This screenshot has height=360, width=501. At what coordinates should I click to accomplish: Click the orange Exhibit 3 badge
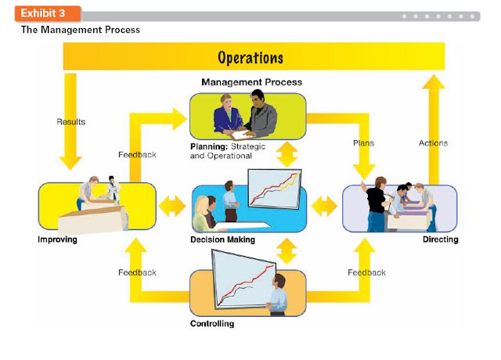[48, 13]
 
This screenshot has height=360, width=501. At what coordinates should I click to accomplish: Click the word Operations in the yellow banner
[250, 58]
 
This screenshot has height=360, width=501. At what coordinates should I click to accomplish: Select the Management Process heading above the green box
[251, 82]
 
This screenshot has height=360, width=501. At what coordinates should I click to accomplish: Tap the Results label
[71, 122]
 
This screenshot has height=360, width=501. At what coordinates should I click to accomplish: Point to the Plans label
[363, 142]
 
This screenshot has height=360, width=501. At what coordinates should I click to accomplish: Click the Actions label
[433, 142]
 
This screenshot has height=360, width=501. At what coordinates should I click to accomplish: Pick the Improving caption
[57, 239]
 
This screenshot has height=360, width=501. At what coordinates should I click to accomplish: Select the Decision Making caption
[222, 239]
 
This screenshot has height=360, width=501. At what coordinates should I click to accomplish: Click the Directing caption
[440, 239]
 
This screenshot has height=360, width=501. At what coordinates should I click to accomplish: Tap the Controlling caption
[212, 323]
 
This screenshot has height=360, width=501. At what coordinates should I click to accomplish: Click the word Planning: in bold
[209, 146]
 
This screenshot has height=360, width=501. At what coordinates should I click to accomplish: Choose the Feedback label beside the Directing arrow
[366, 272]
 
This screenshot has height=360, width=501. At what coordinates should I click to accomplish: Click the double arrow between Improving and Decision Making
[172, 206]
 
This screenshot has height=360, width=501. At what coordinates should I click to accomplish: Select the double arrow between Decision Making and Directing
[324, 206]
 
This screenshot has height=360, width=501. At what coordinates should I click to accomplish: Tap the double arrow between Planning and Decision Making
[287, 154]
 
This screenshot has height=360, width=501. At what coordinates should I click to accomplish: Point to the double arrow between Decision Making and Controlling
[287, 251]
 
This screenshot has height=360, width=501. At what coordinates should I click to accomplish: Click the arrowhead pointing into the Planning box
[179, 119]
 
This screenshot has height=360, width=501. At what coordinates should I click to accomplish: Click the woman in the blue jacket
[227, 114]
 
